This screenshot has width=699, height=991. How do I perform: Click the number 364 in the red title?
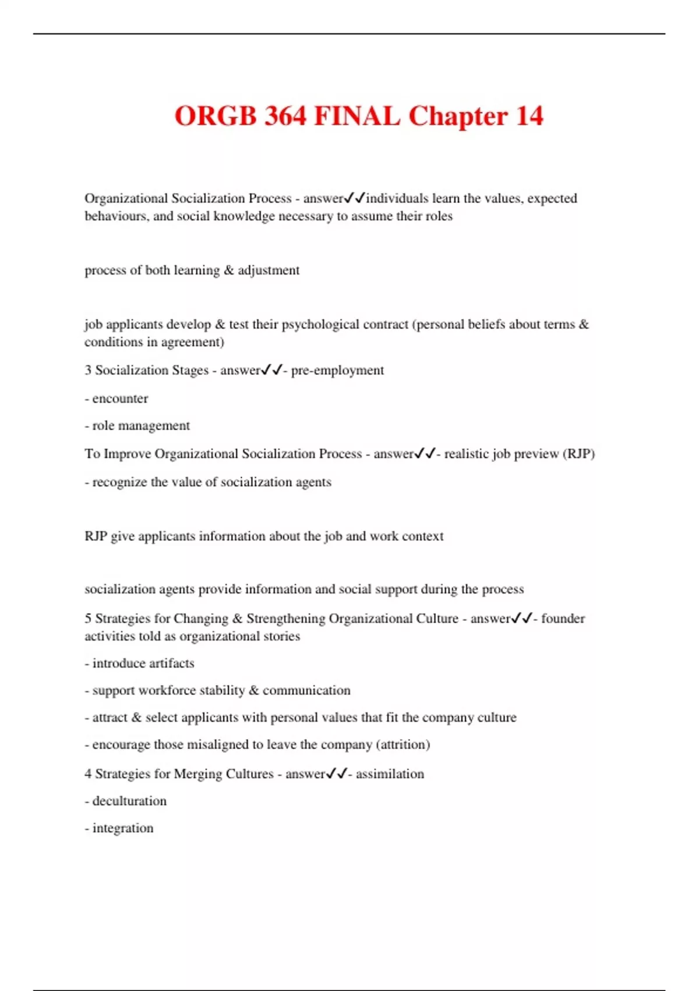click(285, 115)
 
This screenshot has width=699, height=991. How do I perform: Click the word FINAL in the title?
click(357, 115)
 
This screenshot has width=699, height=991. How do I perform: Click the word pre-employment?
click(337, 370)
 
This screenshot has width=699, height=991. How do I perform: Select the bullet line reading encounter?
click(120, 399)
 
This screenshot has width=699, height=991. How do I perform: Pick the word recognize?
click(119, 482)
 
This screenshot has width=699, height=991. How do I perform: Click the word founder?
click(563, 618)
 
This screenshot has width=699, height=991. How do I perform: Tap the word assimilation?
click(390, 774)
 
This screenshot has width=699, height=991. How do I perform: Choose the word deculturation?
click(129, 801)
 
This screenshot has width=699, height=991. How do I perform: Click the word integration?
click(123, 828)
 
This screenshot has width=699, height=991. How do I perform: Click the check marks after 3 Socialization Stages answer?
click(271, 370)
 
